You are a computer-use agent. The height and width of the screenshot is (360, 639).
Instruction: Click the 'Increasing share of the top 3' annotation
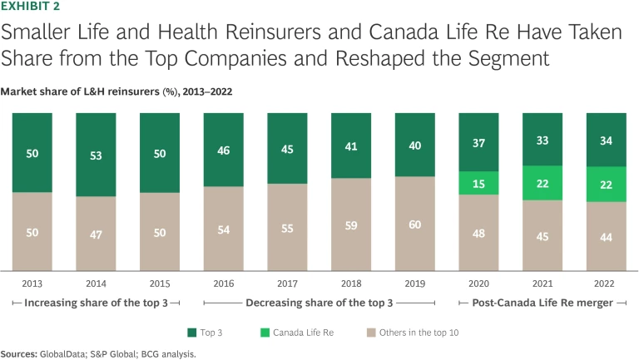(95, 303)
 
